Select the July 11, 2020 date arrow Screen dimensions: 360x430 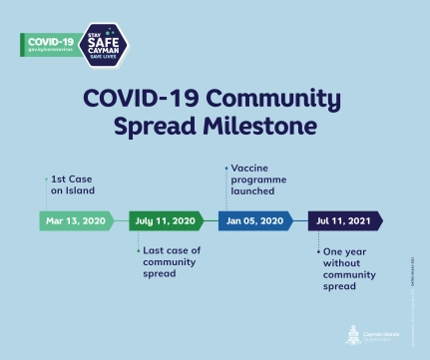coord(166,220)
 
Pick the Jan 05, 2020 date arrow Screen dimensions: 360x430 coord(254,220)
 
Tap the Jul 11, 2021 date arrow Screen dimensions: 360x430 coord(343,220)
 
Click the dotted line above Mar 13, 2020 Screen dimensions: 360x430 coord(46,193)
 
